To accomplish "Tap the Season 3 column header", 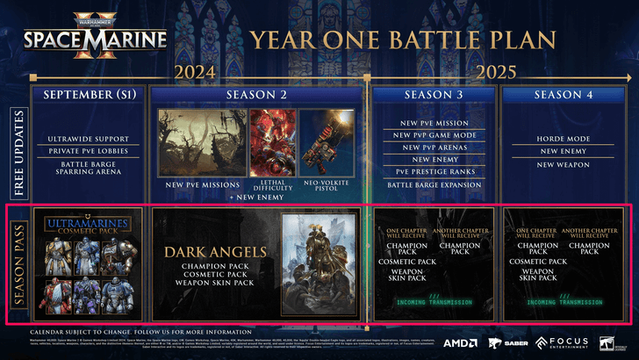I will [x=433, y=94].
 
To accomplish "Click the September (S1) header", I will [x=89, y=94].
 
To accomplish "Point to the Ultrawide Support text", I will [x=89, y=139].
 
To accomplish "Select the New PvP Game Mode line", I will [x=433, y=134].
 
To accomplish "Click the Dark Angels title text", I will [x=216, y=251].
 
